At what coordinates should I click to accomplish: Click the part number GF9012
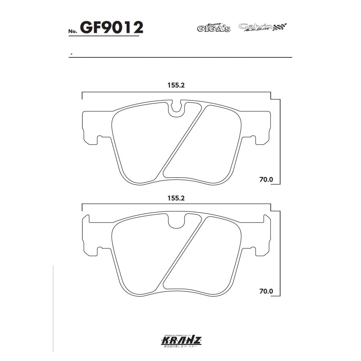pos(112,28)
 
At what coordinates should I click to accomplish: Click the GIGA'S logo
pos(213,28)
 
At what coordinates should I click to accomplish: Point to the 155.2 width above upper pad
pos(176,85)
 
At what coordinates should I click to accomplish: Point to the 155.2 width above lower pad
pos(176,198)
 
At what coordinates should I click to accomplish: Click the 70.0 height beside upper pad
pos(266,180)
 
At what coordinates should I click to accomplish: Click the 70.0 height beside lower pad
pos(266,292)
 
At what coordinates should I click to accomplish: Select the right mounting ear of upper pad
pos(261,125)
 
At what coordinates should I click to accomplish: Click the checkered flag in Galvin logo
pos(281,27)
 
